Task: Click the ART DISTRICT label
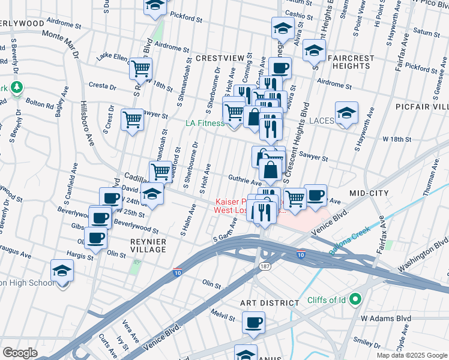click(270, 304)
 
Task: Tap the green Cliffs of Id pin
click(355, 298)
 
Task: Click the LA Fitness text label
click(203, 123)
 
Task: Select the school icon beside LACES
click(346, 113)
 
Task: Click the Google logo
click(20, 352)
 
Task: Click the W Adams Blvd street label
click(384, 318)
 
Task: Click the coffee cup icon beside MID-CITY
click(316, 194)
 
